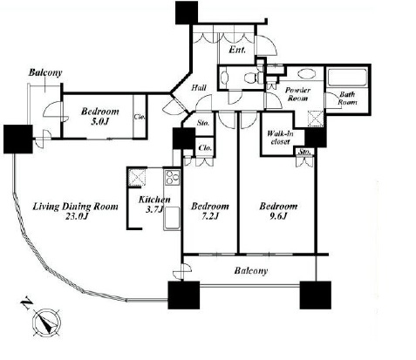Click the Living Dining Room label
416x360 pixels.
pyautogui.click(x=75, y=207)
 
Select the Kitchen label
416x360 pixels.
pyautogui.click(x=154, y=200)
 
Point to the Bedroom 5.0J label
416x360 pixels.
pyautogui.click(x=100, y=116)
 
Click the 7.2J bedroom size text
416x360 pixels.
pyautogui.click(x=209, y=216)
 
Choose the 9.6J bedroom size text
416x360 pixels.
pyautogui.click(x=278, y=216)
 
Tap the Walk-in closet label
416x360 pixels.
pyautogui.click(x=280, y=138)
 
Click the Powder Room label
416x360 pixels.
pyautogui.click(x=297, y=94)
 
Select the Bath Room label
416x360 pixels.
pyautogui.click(x=347, y=98)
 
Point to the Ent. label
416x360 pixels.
pyautogui.click(x=237, y=50)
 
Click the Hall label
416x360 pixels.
pyautogui.click(x=199, y=87)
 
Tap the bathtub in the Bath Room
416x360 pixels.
pyautogui.click(x=347, y=78)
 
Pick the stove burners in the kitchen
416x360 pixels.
pyautogui.click(x=172, y=177)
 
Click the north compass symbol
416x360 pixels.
pyautogui.click(x=46, y=323)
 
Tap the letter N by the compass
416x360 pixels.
pyautogui.click(x=26, y=303)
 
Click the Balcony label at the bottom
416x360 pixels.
pyautogui.click(x=250, y=271)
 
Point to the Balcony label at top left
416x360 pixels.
pyautogui.click(x=45, y=72)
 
